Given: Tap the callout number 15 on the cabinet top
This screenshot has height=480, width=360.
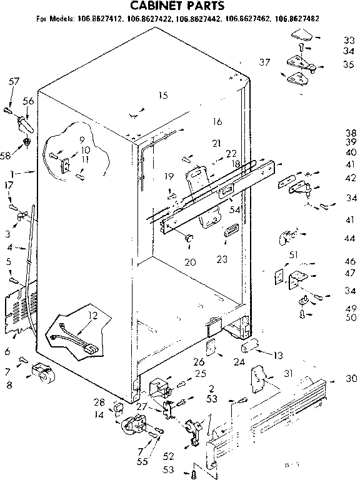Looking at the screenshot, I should point(163,96).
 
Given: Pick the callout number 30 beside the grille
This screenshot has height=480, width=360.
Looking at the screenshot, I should point(350,378).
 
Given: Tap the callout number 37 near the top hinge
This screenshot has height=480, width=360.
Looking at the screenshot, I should point(264,62).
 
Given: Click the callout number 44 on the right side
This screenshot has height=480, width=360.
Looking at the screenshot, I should point(349,238).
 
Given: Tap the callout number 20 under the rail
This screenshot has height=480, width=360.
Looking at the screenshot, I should point(190,261).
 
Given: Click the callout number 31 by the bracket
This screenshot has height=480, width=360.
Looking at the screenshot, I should point(287,374).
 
